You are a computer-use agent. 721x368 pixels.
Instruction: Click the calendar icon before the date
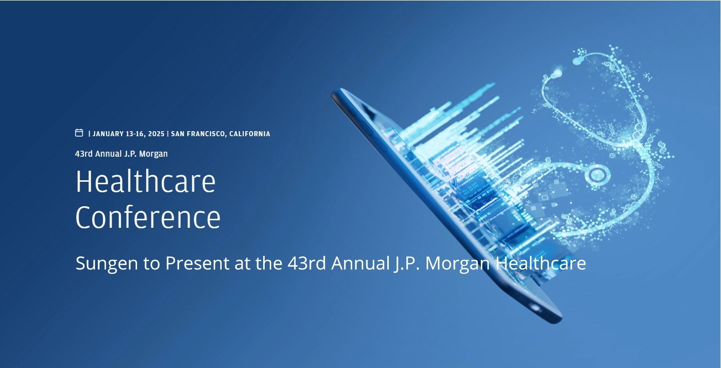tap(79, 133)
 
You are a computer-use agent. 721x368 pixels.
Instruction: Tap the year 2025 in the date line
tap(156, 134)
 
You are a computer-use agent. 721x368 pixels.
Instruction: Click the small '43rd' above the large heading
tap(84, 154)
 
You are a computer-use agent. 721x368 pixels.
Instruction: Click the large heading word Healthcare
tap(146, 181)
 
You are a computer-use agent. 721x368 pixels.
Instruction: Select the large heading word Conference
tap(148, 217)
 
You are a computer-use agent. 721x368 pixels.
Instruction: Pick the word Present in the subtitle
tap(197, 263)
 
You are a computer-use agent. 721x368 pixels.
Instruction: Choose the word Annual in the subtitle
tap(360, 263)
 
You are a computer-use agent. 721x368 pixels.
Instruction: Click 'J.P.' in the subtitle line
tap(407, 263)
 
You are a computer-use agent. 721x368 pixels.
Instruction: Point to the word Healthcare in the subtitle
tap(541, 263)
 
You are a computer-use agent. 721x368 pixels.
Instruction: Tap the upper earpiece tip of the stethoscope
tap(579, 60)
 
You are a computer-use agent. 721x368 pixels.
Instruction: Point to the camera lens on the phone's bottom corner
tap(535, 308)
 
